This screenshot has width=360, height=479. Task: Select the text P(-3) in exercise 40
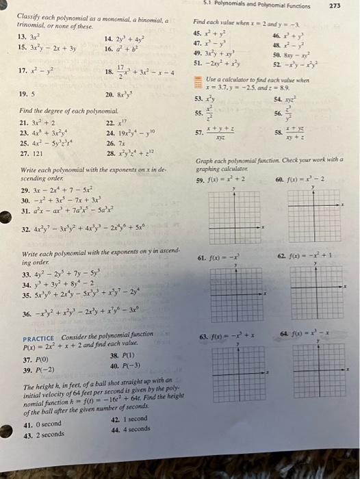point(130,367)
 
